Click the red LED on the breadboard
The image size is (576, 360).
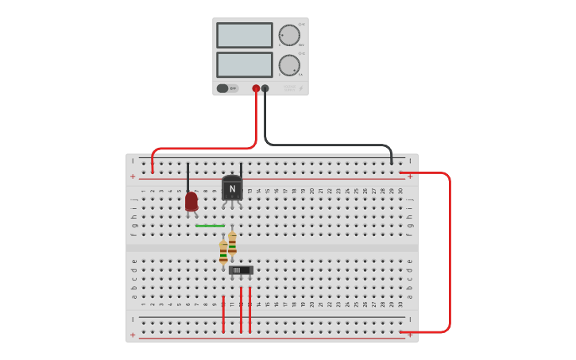pos(191,201)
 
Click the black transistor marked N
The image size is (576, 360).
pos(232,188)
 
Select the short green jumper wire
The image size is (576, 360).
pos(210,226)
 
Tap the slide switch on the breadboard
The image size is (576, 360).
pos(240,270)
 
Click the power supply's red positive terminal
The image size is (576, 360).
pos(256,89)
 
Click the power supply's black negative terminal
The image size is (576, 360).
pos(265,89)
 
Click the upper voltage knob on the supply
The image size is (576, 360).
pos(289,35)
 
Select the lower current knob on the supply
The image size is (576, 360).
pos(289,65)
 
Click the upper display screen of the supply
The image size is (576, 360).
pos(244,35)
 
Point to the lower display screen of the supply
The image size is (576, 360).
pos(244,64)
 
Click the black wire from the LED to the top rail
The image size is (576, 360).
pos(188,176)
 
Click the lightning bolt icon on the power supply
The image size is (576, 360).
pos(300,88)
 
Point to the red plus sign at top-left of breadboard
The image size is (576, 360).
pos(133,176)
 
